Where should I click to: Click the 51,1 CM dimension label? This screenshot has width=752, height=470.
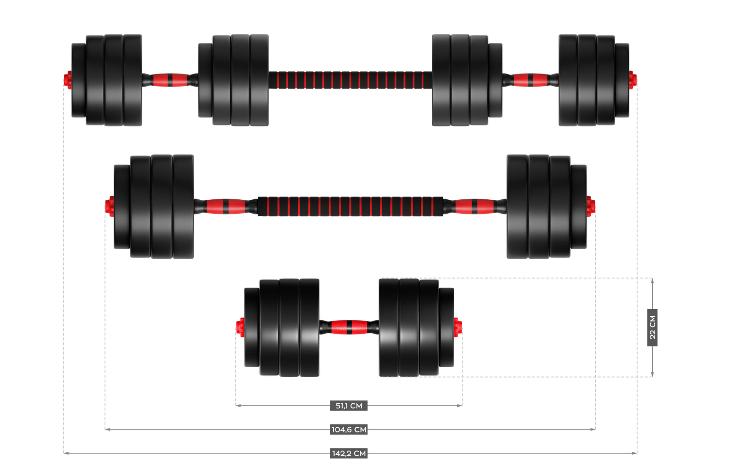(349, 406)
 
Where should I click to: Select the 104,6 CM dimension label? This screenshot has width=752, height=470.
(349, 429)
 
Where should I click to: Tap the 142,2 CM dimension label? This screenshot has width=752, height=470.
(349, 453)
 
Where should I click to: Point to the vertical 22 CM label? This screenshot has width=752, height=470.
(652, 327)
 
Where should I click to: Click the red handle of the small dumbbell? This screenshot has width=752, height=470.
(349, 327)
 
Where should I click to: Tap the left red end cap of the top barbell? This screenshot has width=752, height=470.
(68, 80)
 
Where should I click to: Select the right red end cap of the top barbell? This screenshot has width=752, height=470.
(632, 80)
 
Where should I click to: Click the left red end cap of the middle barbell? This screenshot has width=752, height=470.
(110, 206)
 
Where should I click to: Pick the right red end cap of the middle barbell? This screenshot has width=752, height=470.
(591, 206)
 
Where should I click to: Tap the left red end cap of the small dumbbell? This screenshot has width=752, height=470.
(240, 327)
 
